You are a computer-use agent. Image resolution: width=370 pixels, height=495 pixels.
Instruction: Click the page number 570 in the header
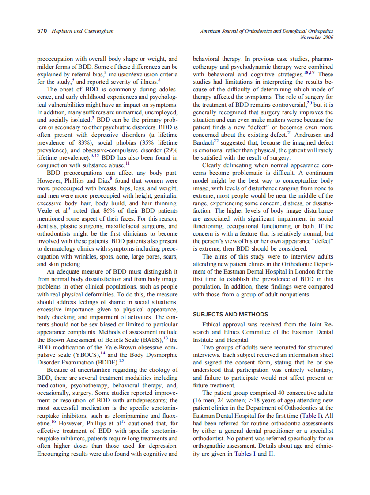coord(42,31)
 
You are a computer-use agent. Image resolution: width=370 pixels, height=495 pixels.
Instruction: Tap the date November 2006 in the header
coord(317,37)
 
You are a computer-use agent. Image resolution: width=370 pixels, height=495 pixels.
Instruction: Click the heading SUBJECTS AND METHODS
coord(230,315)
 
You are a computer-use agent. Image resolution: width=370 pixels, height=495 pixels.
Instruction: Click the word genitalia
coord(163,195)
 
